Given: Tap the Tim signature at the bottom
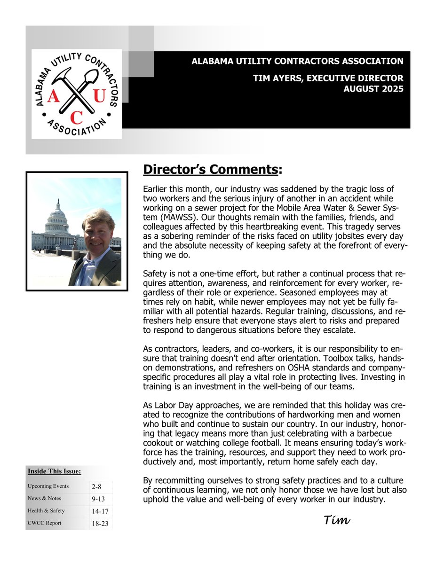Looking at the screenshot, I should point(337,520).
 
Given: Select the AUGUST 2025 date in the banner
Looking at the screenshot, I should point(374,89).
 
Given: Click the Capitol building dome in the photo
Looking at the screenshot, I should point(58,214).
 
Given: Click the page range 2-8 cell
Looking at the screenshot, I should point(101,487).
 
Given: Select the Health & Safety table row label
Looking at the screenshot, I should point(46,510).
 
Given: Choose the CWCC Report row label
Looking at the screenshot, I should point(45,523).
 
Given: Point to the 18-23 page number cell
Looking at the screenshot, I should point(101,523).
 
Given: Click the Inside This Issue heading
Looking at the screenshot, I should point(54,471).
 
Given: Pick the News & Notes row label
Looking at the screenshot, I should point(44,498).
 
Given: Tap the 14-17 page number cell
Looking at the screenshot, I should point(101,511).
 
